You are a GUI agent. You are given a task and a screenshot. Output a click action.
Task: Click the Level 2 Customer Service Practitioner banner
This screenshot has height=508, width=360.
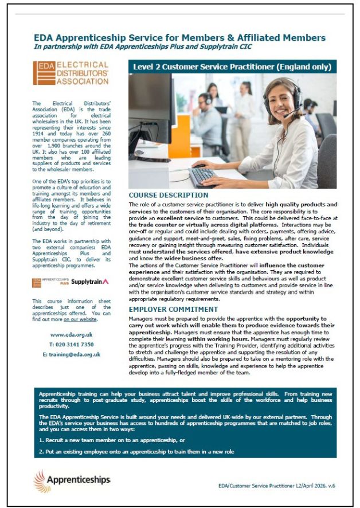pos(232,67)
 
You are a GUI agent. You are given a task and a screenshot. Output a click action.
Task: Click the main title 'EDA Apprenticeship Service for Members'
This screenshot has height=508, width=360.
pos(179,38)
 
